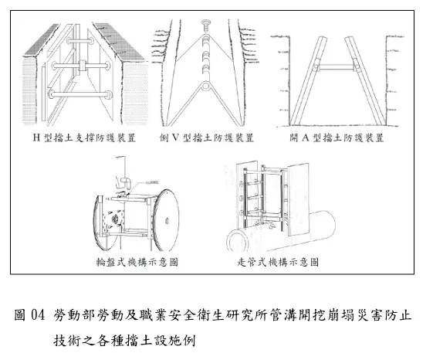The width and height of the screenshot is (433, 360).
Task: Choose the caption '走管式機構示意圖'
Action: pos(279,261)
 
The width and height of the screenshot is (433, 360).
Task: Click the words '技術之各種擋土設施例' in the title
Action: pos(127,339)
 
